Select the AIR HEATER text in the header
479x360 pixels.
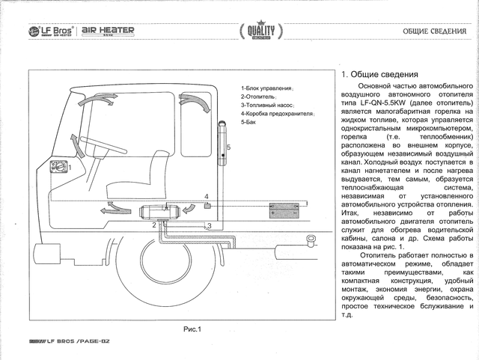(x=108, y=30)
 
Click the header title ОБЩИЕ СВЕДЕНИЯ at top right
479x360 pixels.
(x=432, y=31)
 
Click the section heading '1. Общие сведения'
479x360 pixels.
(x=379, y=75)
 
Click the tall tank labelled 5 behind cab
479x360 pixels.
(x=222, y=147)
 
